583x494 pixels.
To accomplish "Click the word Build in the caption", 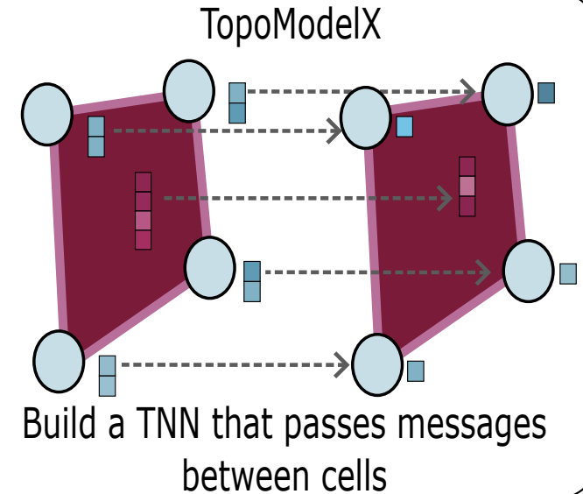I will point(61,426).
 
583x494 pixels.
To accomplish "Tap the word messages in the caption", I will point(467,426).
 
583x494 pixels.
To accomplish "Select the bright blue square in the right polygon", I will point(404,127).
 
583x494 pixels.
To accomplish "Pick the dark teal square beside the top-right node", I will point(546,92).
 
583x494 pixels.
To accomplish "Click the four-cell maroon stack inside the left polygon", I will point(143,210).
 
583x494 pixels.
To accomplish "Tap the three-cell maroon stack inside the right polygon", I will point(467,186).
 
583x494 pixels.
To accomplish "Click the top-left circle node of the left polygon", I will point(47,114).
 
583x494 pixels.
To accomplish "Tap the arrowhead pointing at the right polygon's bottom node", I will point(343,365).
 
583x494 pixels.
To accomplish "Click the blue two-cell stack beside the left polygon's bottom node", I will point(108,376).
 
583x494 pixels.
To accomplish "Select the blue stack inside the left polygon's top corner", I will point(96,137).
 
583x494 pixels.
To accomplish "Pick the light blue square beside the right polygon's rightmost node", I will point(568,273).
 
